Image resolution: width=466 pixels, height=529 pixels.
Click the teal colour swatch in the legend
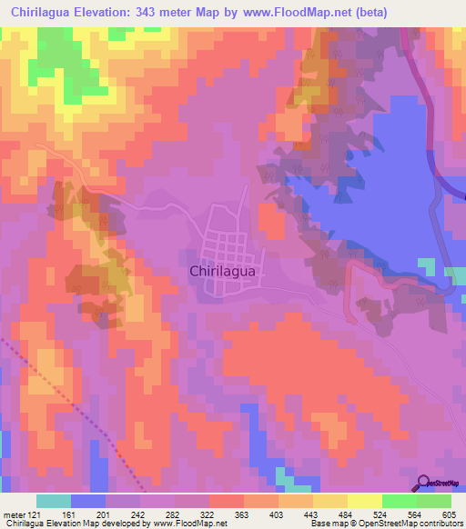54,501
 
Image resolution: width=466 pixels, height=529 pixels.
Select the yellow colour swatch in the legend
364,501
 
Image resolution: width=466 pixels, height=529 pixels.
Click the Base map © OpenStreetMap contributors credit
386,524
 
